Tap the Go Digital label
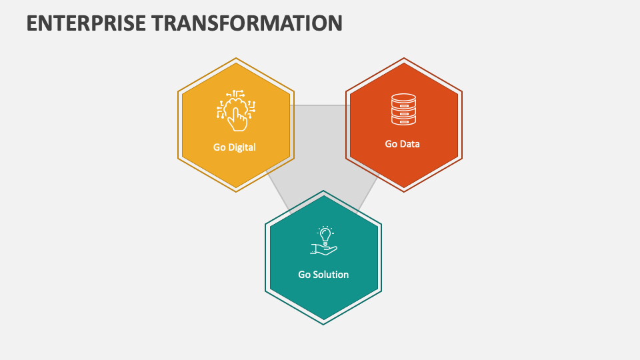[x=234, y=147]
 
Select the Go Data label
[x=403, y=143]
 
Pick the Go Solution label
[x=323, y=274]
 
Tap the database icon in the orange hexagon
[x=403, y=109]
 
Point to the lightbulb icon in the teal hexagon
[x=325, y=235]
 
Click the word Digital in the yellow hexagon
[x=242, y=147]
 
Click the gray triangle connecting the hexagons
[x=320, y=153]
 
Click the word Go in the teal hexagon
[x=304, y=274]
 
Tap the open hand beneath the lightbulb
[x=324, y=249]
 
